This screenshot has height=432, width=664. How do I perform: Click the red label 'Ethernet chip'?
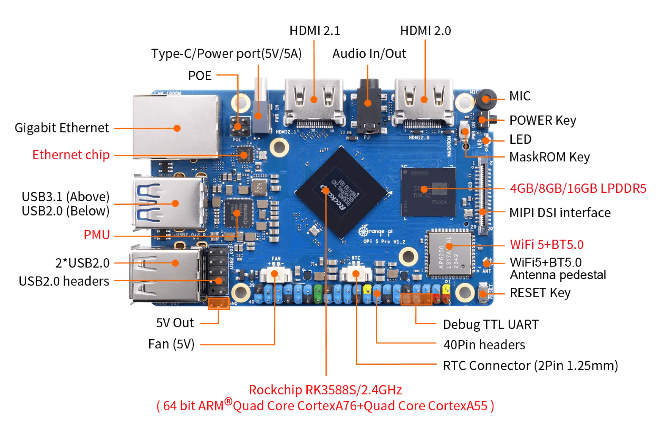coord(71,155)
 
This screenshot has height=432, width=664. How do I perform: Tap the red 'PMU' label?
coord(97,235)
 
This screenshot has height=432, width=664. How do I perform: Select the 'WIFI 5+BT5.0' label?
coord(547,245)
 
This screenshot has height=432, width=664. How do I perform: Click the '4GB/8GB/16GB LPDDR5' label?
coord(578,188)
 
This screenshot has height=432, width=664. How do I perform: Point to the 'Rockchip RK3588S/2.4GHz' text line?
coord(325,390)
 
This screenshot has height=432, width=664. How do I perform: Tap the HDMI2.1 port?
coord(314,102)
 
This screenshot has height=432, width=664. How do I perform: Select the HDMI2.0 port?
coord(424,102)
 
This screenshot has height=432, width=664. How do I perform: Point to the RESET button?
coord(483,293)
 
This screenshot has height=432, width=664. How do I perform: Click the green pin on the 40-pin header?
coord(318,294)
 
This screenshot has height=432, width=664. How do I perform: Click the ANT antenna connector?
coord(487,264)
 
